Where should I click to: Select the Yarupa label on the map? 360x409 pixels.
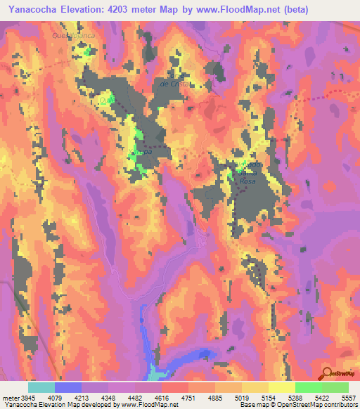pos(141,151)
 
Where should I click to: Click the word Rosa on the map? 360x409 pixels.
pos(249,181)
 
